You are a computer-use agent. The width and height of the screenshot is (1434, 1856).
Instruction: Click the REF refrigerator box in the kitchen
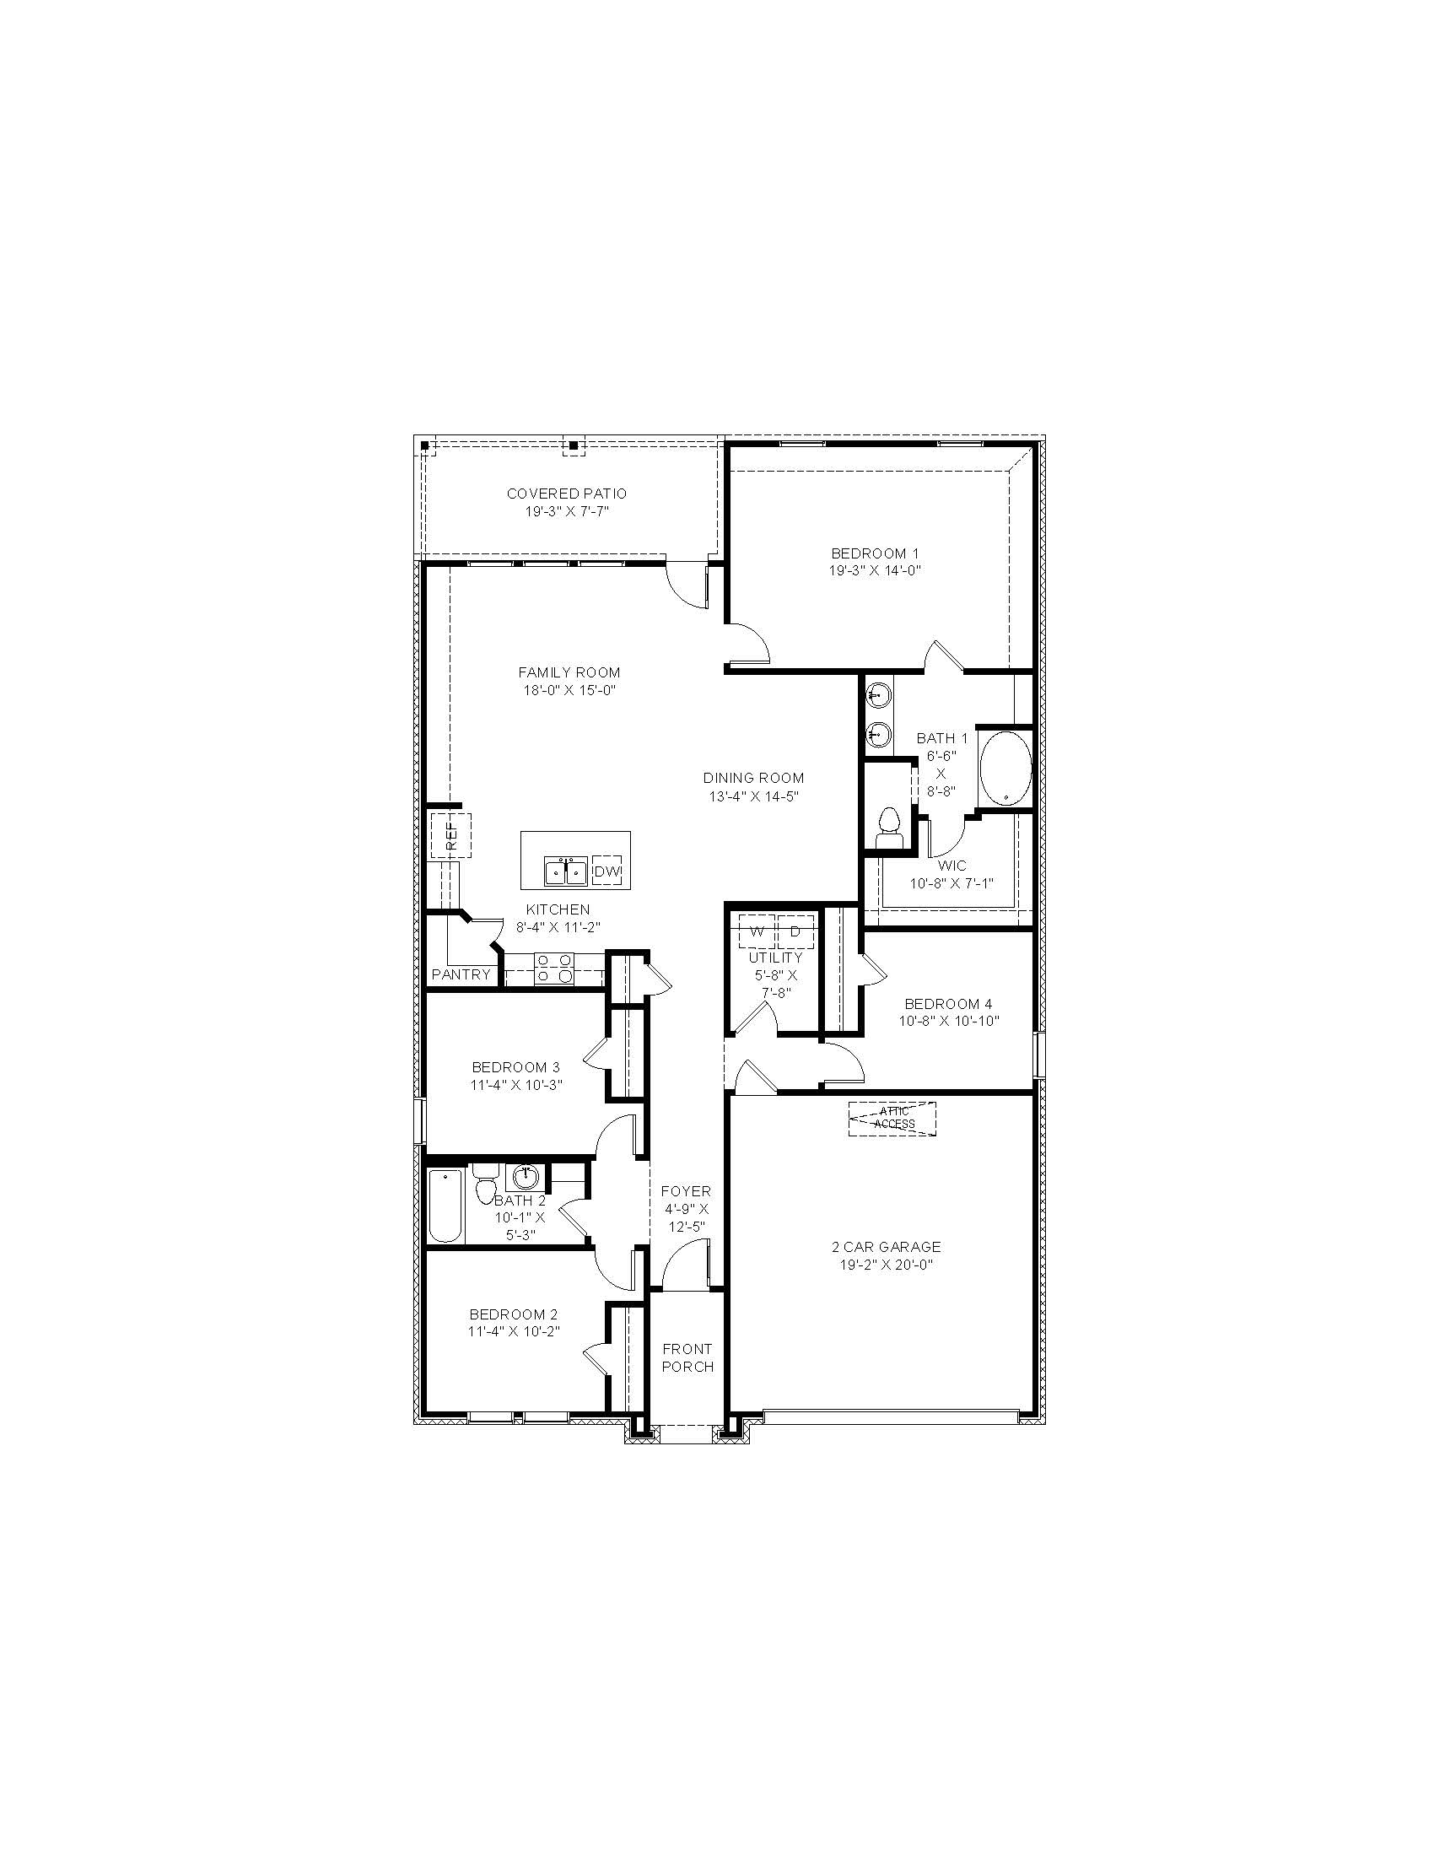pyautogui.click(x=450, y=835)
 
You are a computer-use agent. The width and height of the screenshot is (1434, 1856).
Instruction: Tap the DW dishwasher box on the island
pyautogui.click(x=606, y=871)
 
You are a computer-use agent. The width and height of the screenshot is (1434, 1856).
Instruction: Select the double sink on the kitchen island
pyautogui.click(x=565, y=871)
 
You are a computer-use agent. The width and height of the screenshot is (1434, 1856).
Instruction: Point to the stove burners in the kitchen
pyautogui.click(x=555, y=968)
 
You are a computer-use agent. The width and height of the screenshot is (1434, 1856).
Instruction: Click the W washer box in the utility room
pyautogui.click(x=757, y=931)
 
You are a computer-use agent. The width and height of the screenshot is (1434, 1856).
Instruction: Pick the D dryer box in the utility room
pyautogui.click(x=795, y=931)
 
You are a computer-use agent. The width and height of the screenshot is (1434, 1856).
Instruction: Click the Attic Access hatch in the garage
pyautogui.click(x=892, y=1119)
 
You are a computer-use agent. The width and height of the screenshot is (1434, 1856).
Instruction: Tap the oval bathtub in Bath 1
pyautogui.click(x=1005, y=769)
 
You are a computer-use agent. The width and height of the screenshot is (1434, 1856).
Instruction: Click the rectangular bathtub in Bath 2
pyautogui.click(x=445, y=1206)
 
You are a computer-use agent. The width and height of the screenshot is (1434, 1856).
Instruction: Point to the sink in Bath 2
pyautogui.click(x=526, y=1177)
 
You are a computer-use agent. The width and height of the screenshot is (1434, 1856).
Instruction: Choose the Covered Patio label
pyautogui.click(x=567, y=493)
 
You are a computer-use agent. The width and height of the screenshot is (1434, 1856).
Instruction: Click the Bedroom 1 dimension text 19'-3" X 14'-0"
pyautogui.click(x=875, y=570)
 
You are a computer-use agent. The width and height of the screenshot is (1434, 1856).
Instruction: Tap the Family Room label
pyautogui.click(x=569, y=672)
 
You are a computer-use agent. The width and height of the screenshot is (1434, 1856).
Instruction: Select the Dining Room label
pyautogui.click(x=753, y=778)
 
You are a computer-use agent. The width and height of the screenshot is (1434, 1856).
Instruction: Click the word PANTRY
pyautogui.click(x=461, y=974)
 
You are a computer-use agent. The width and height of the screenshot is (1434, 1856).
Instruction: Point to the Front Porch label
pyautogui.click(x=687, y=1357)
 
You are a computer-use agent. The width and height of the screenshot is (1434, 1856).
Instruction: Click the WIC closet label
pyautogui.click(x=952, y=866)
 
